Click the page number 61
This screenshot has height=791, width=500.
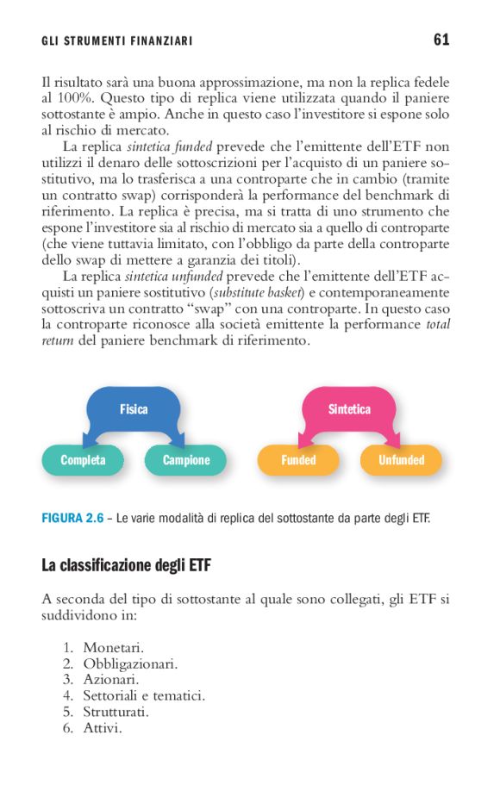click(x=441, y=40)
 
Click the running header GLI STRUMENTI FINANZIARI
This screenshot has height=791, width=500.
click(x=116, y=41)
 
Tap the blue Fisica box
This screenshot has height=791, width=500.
click(x=134, y=409)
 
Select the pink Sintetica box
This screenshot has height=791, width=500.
click(x=349, y=409)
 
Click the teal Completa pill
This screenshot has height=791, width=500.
click(x=83, y=460)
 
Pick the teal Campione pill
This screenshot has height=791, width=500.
click(x=186, y=460)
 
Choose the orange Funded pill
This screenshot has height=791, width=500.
click(x=298, y=460)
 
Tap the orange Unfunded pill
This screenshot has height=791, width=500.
click(x=402, y=460)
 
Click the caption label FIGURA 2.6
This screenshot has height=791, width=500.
click(x=72, y=519)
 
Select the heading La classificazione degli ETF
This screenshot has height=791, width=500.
click(x=126, y=565)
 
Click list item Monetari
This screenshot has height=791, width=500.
click(x=113, y=647)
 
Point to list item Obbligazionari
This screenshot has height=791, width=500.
click(x=130, y=663)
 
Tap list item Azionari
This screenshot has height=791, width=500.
click(x=111, y=680)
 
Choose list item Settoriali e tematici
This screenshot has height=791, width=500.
click(x=144, y=696)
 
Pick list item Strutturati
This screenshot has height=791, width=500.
click(x=116, y=713)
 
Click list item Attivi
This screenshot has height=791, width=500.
click(x=103, y=729)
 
